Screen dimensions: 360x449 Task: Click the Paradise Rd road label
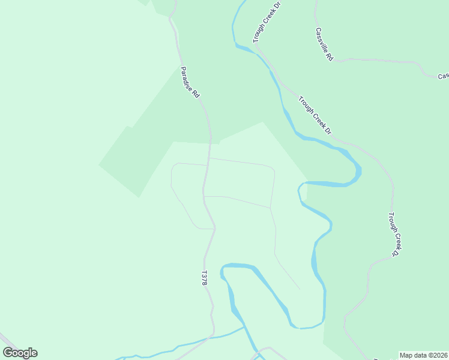[x=190, y=82]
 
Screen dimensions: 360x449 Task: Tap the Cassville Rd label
[x=324, y=44]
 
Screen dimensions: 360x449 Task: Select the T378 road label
[x=204, y=278]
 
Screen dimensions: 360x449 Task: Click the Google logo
[x=20, y=353]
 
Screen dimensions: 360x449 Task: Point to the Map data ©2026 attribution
[x=424, y=355]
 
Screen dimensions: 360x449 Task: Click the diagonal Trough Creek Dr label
[x=315, y=114]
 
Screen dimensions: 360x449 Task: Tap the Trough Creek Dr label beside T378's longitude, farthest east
[x=393, y=234]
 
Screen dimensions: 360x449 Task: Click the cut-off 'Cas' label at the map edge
[x=443, y=76]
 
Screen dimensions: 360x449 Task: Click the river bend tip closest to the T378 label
[x=223, y=271]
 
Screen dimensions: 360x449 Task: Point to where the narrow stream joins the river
[x=244, y=327]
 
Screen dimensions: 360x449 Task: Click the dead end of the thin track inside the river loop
[x=300, y=289]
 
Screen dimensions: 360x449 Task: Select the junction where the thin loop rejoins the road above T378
[x=214, y=229]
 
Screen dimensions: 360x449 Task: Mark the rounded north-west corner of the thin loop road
[x=174, y=166]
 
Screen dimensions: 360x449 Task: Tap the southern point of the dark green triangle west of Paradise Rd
[x=139, y=197]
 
